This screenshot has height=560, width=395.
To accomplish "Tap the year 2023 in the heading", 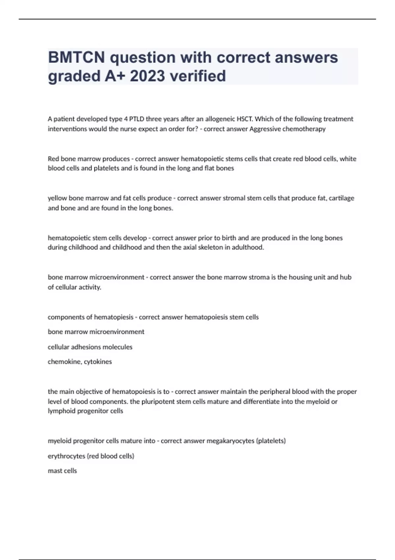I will [x=147, y=76].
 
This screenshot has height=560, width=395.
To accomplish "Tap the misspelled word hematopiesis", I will [x=114, y=317].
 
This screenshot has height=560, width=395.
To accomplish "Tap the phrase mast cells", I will [x=62, y=471].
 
